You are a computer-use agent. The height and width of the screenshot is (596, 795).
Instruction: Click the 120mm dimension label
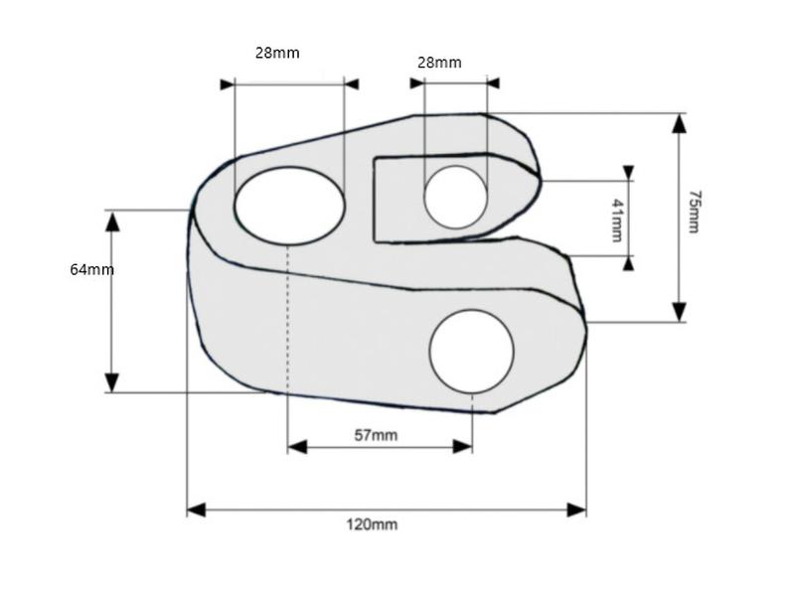point(372,523)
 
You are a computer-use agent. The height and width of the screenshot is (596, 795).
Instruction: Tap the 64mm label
point(91,269)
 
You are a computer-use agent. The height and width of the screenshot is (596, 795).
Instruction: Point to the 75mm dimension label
point(693,215)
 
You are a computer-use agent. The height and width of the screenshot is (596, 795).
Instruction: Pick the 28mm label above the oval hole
point(277,53)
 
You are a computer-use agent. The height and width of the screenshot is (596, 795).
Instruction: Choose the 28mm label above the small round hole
point(438,62)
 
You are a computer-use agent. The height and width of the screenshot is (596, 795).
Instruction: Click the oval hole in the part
point(289,204)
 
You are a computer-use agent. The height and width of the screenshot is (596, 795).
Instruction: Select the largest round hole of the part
point(471,351)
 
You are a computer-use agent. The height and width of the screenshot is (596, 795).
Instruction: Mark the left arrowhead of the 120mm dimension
point(196,510)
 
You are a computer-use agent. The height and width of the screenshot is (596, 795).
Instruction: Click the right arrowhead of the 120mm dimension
point(576,510)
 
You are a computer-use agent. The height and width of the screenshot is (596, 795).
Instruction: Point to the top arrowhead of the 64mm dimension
point(112,220)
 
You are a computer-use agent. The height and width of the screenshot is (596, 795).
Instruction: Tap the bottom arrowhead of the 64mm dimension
point(112,382)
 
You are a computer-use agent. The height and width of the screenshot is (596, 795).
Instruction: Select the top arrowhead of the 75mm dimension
point(679,123)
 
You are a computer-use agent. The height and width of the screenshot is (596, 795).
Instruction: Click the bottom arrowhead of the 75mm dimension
point(679,312)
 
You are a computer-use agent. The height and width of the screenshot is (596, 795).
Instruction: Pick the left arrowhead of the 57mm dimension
point(297,447)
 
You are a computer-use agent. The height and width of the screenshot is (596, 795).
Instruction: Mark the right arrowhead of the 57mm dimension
point(462,447)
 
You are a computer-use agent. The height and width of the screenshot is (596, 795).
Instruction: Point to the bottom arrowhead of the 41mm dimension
point(627,263)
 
